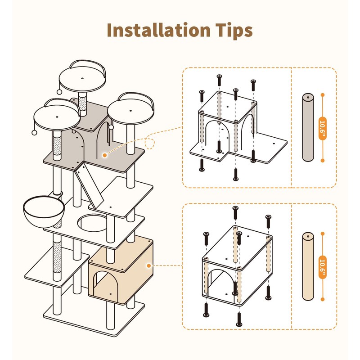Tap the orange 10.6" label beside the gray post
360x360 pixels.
tap(322, 128)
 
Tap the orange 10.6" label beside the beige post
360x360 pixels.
tap(322, 266)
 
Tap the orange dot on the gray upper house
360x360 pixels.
tap(104, 155)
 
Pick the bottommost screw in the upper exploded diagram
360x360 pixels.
tap(235, 175)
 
